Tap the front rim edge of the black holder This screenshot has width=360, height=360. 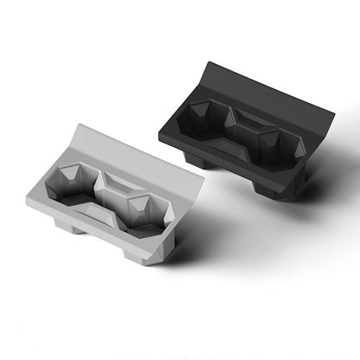tap(225, 156)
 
